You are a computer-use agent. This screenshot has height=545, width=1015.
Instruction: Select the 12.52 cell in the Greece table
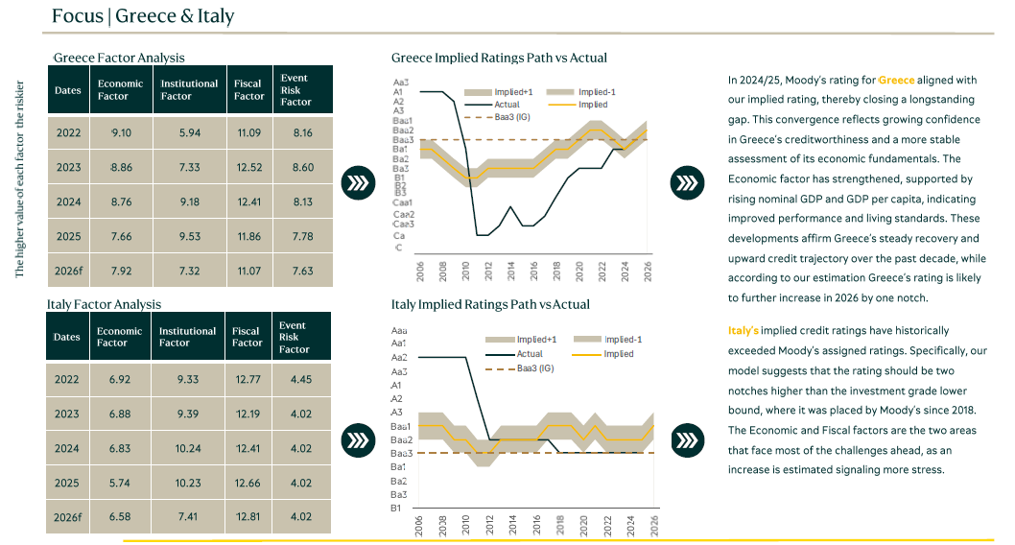point(248,168)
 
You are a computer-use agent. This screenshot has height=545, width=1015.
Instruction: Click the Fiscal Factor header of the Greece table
point(248,89)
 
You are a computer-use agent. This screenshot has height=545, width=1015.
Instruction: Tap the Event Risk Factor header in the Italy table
point(294,337)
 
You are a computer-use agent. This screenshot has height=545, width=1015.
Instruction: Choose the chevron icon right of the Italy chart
point(686,439)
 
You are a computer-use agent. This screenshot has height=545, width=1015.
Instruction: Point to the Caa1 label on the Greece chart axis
point(403,202)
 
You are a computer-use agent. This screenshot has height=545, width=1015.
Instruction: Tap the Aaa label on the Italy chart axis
point(399,329)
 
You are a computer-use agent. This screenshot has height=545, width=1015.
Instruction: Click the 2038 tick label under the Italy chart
point(442,526)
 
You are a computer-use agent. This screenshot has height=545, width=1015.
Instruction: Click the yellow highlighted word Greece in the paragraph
point(896,80)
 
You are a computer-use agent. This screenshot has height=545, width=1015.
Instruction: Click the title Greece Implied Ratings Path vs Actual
point(499,59)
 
